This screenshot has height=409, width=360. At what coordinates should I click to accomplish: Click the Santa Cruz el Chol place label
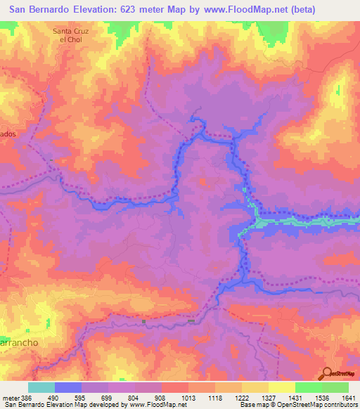[x=72, y=35]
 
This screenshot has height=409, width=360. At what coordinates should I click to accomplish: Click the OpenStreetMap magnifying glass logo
[x=327, y=374]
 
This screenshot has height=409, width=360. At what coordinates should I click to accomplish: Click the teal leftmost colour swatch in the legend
[x=41, y=387]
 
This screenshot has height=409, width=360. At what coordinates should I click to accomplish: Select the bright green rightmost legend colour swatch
[x=335, y=387]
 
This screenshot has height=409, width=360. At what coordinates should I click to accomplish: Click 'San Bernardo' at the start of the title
[x=37, y=10]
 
